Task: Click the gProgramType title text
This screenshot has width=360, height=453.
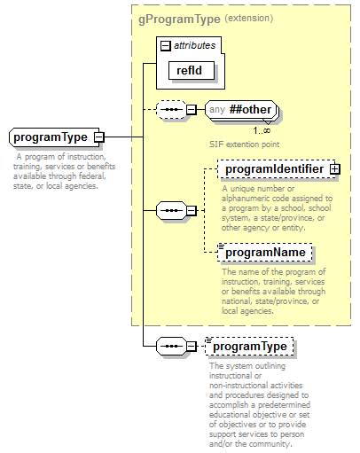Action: pos(178,18)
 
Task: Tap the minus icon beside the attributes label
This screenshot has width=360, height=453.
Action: pos(164,44)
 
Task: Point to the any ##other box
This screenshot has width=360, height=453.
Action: pos(240,110)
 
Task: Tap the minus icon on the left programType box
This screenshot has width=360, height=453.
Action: pos(99,137)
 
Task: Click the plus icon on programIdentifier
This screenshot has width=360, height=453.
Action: pos(334,168)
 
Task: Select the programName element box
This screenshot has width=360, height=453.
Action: pos(265,253)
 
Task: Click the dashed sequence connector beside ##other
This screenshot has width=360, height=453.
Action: pos(170,111)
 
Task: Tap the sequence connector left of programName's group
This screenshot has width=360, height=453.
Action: pos(170,211)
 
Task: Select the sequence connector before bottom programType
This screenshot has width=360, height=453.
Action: pos(170,346)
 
